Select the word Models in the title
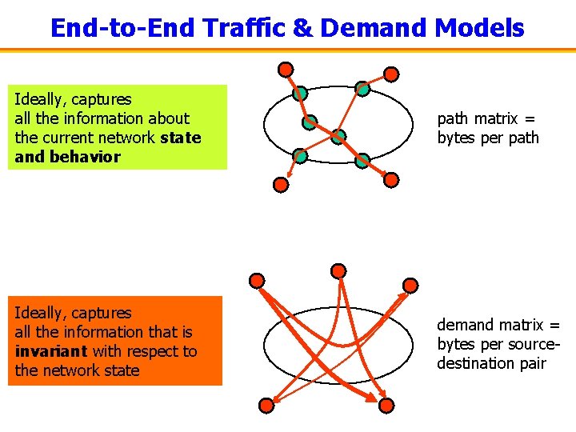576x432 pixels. [479, 29]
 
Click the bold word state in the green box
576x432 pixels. [180, 138]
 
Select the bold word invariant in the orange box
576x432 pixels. [51, 351]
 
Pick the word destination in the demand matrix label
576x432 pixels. [474, 363]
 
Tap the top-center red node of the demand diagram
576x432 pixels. [338, 270]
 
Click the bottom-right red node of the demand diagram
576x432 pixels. [386, 406]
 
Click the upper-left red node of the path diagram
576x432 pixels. [286, 70]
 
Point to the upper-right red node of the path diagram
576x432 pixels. [390, 74]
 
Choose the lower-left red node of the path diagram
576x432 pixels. [281, 184]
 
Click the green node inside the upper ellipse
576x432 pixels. [338, 137]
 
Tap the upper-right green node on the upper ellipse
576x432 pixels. [362, 90]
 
